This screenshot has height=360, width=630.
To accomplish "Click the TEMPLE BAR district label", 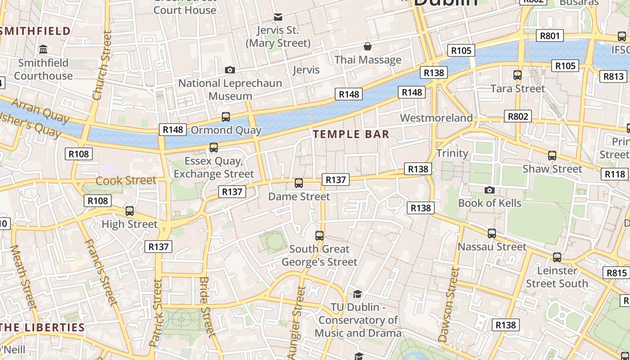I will [351, 134].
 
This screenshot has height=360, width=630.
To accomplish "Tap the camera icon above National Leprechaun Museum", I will [230, 70].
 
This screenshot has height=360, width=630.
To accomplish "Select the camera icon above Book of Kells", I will [490, 190].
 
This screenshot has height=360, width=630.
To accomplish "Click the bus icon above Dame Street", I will [299, 183].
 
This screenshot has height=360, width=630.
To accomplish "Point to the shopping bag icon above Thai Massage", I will [368, 46].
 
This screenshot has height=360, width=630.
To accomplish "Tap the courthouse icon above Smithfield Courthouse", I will [44, 49].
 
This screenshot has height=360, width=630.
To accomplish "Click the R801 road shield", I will [549, 36].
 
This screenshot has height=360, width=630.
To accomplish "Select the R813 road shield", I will [613, 76].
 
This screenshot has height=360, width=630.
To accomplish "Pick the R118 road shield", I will [615, 174].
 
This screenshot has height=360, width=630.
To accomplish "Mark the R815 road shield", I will [616, 273].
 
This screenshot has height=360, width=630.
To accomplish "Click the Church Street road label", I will [102, 65].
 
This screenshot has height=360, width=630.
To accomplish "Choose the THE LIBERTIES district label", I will [43, 327].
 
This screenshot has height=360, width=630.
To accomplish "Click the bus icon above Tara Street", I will [517, 75].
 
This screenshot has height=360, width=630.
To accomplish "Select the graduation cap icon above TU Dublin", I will [358, 294].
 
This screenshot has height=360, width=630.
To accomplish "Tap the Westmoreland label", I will [436, 118].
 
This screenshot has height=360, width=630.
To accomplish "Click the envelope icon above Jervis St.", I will [278, 17].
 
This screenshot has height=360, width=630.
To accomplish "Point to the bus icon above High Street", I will [130, 211].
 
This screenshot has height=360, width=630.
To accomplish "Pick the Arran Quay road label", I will [40, 111].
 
